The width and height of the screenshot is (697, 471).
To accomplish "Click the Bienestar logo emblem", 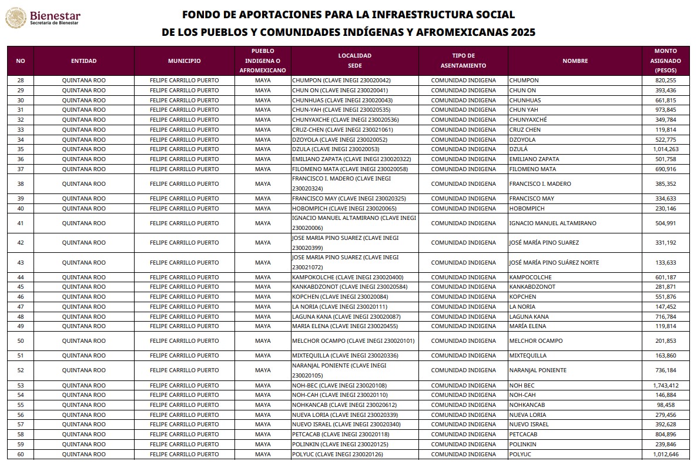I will coord(15,18).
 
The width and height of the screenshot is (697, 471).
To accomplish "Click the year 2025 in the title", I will coord(522,33).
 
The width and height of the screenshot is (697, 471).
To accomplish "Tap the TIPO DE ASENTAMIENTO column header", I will coord(463,61).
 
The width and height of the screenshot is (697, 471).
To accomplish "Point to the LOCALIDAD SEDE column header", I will coord(354,61).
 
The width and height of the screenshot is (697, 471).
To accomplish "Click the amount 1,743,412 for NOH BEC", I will coord(665,386).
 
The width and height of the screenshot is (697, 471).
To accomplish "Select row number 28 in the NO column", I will coord(21,81).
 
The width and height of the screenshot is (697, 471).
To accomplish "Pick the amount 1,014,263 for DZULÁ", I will coord(665,149).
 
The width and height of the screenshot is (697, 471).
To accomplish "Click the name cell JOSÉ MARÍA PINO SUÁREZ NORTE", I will coord(554,262).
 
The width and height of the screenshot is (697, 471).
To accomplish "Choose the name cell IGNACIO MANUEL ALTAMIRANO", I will coord(552,223).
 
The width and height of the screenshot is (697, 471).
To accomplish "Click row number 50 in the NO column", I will coord(21,341).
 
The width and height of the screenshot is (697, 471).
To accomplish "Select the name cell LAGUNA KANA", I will coord(529,317).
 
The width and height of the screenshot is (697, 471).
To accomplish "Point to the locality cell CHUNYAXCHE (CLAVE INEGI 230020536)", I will coord(341,120).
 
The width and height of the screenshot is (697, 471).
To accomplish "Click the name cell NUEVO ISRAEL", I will coord(529,425).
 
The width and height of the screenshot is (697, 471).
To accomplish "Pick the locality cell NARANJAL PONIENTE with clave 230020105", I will coord(339,370).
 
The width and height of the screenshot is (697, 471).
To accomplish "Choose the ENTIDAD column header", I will coord(84,61).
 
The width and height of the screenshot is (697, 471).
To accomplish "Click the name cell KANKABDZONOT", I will coord(532,287).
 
